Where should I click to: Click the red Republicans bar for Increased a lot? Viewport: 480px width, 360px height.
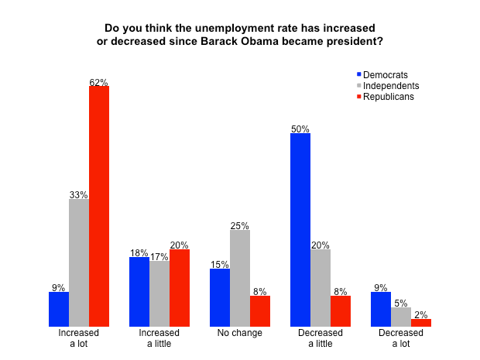(x=99, y=206)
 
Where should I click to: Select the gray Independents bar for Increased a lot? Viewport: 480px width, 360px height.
(x=79, y=262)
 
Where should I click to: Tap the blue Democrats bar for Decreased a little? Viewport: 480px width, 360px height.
(x=300, y=229)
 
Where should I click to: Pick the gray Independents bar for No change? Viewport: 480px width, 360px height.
(x=240, y=278)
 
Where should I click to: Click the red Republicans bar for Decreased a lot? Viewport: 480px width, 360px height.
(x=421, y=322)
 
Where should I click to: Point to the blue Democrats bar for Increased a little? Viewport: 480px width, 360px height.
(x=139, y=291)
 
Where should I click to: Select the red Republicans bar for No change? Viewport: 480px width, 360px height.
(x=260, y=310)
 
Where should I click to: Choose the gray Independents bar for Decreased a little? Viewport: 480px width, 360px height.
(x=321, y=287)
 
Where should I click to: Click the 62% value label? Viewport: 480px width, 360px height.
(x=99, y=81)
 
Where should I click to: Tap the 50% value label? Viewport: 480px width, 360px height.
(x=300, y=129)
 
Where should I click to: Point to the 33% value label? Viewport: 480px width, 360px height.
(x=79, y=194)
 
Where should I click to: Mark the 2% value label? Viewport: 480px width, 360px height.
(x=421, y=314)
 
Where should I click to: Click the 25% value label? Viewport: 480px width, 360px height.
(x=240, y=225)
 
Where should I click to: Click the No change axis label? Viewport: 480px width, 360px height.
(x=240, y=333)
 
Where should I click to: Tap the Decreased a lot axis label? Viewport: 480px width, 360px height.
(x=401, y=338)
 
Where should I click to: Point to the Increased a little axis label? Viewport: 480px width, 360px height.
(x=159, y=338)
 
